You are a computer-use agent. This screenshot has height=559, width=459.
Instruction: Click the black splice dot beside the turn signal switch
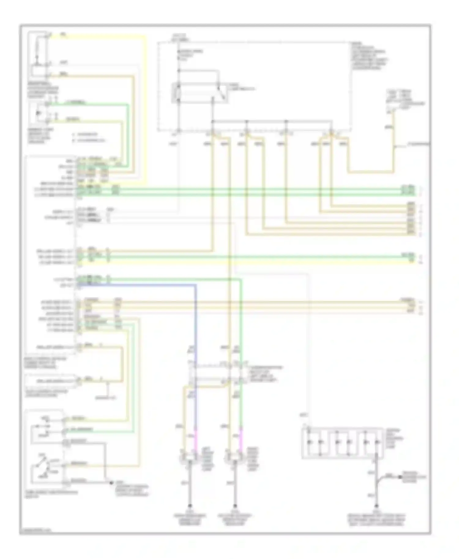111,482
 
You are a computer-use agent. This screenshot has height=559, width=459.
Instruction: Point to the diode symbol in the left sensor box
38,113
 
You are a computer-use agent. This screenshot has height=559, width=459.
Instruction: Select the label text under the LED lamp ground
376,520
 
